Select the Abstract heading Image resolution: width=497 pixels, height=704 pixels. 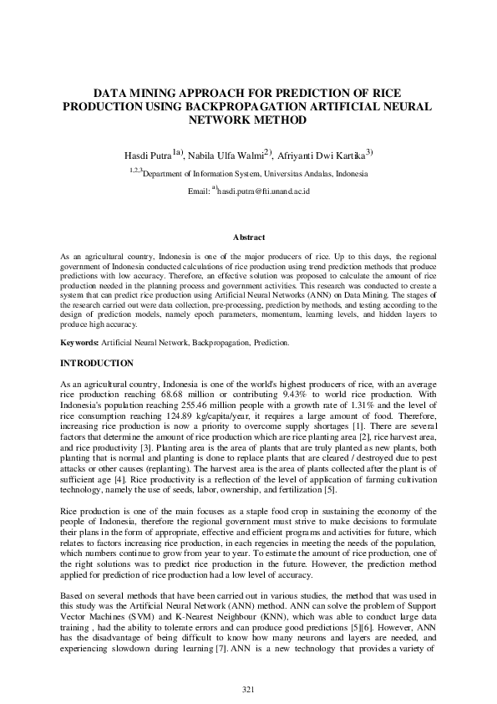(x=248, y=237)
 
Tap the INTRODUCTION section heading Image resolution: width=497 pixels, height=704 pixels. (x=97, y=363)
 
